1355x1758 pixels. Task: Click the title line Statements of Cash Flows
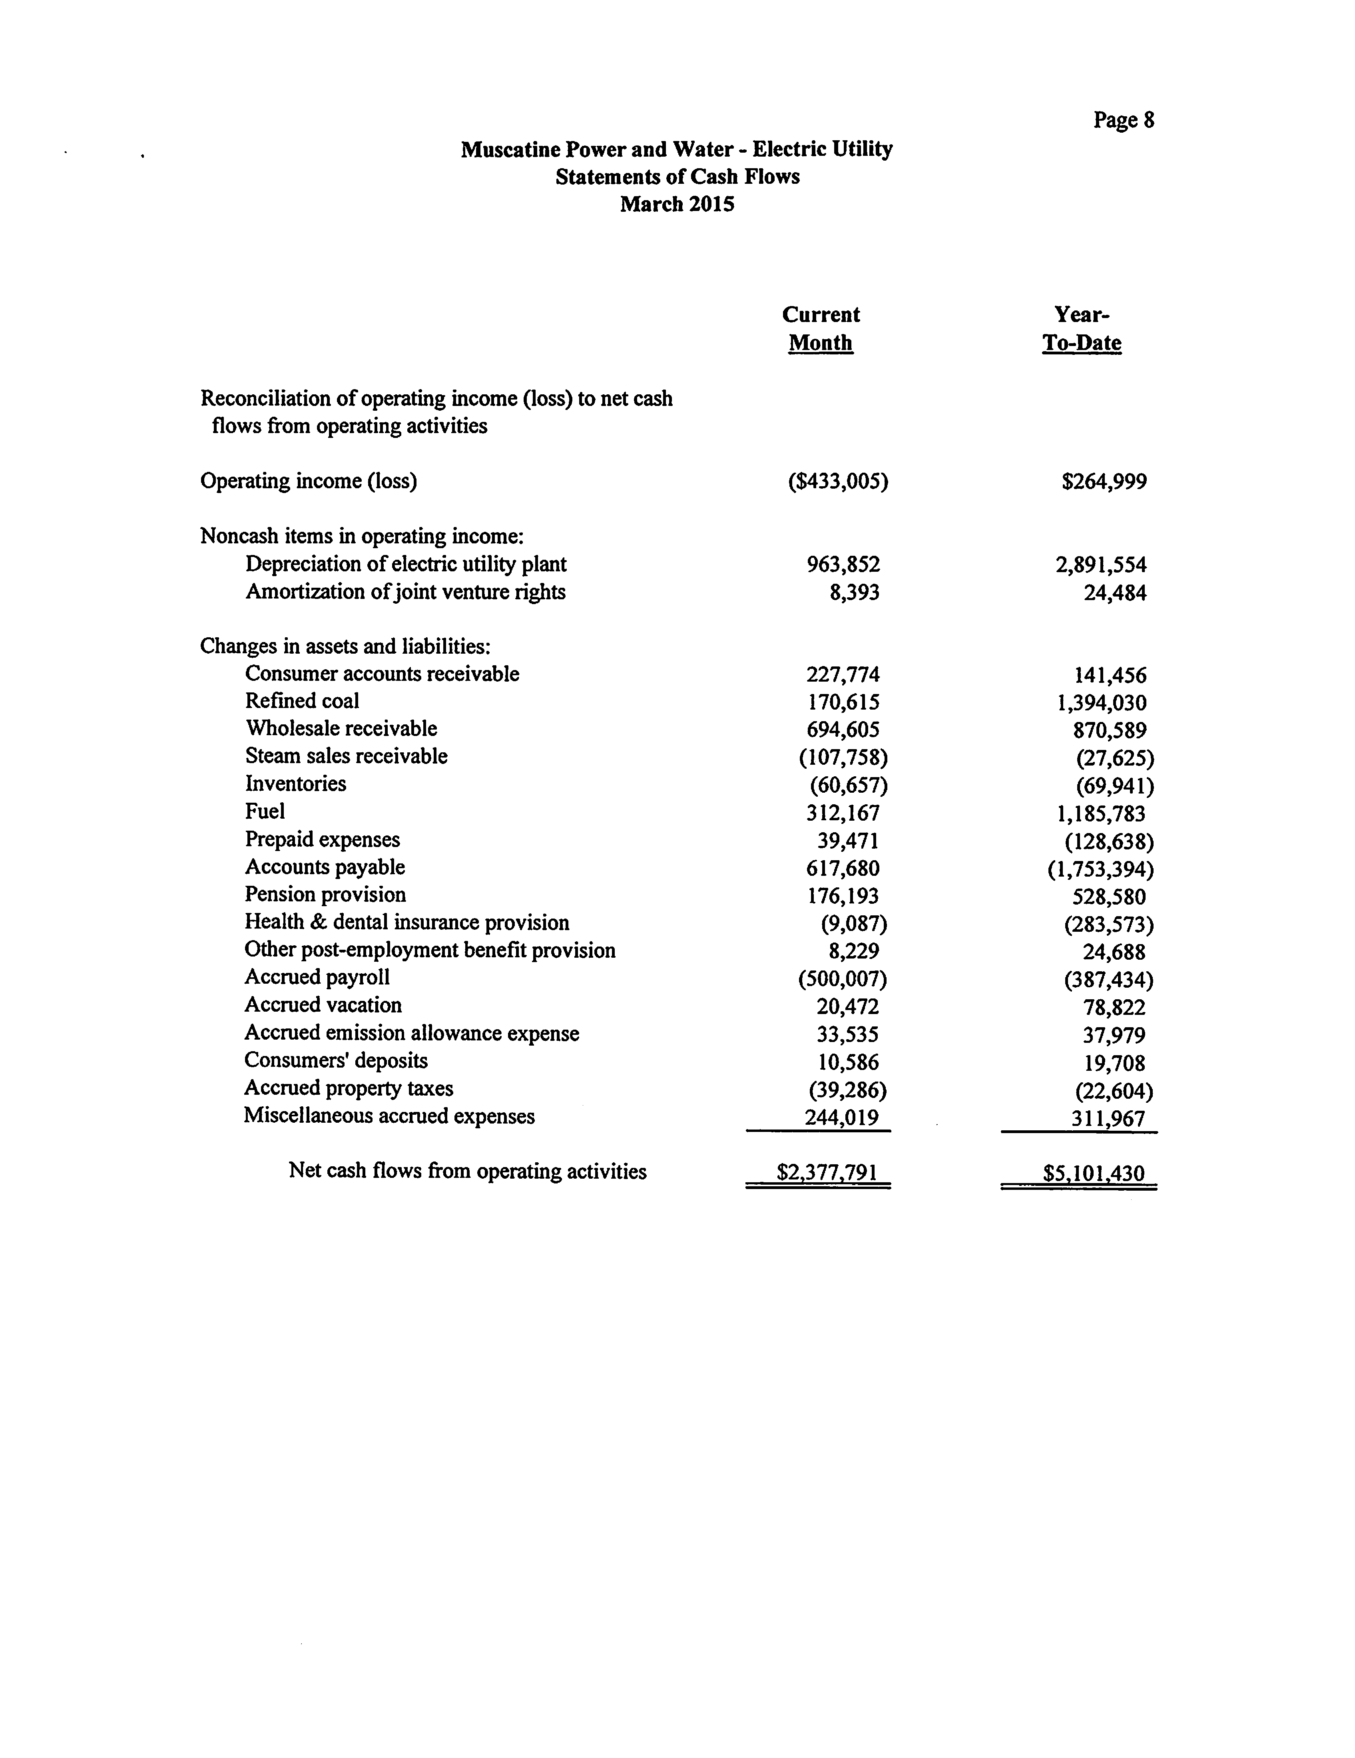click(x=677, y=176)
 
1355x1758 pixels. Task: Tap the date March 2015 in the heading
click(x=677, y=204)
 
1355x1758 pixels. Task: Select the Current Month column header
click(x=821, y=328)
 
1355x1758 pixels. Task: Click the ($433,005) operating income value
click(x=837, y=481)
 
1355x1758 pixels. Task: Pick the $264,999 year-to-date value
click(x=1104, y=481)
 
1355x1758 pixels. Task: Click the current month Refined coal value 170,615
click(x=843, y=702)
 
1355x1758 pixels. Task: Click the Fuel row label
click(x=265, y=811)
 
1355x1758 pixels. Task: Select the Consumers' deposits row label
click(x=336, y=1061)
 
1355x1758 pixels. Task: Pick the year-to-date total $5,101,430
click(x=1093, y=1173)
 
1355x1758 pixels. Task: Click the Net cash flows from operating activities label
click(x=467, y=1171)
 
